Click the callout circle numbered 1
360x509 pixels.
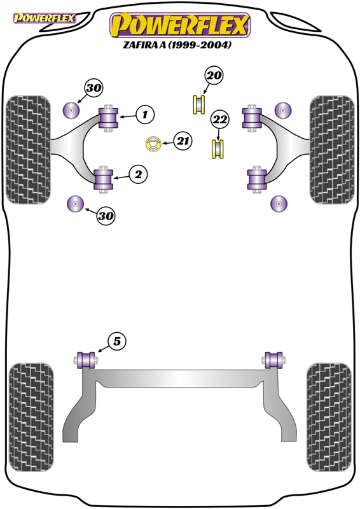(x=145, y=115)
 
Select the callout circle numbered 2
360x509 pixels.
(x=138, y=174)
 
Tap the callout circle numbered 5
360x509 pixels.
(x=116, y=341)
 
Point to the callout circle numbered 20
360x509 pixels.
(x=214, y=75)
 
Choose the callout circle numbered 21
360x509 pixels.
(x=183, y=141)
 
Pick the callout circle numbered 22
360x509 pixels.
(x=220, y=120)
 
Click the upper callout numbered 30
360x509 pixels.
(x=93, y=88)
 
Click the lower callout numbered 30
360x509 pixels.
(x=106, y=216)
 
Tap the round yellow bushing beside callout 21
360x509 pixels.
(x=153, y=144)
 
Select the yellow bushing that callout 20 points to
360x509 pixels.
(x=199, y=104)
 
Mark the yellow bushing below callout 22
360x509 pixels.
(x=218, y=149)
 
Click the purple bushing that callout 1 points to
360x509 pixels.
(x=108, y=118)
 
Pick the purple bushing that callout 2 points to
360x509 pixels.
(x=103, y=179)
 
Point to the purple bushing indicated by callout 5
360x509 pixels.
(x=86, y=360)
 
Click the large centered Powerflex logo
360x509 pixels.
(x=180, y=25)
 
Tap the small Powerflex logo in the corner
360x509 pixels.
(x=44, y=18)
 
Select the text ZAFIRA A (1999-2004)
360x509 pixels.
(x=177, y=45)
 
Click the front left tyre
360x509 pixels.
(x=28, y=150)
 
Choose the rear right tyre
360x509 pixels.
(x=329, y=417)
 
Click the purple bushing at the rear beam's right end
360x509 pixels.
(x=273, y=360)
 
